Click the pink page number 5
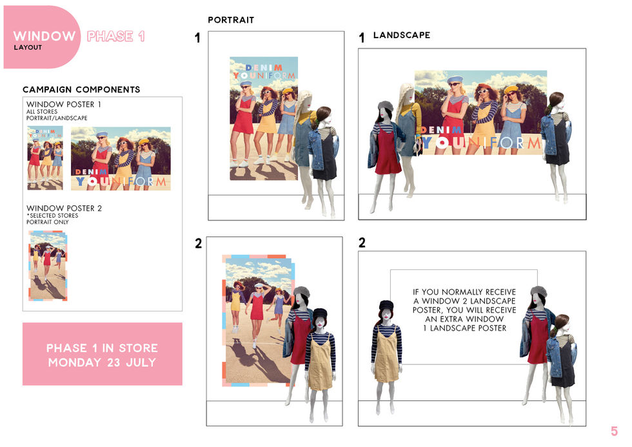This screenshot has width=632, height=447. tap(614, 431)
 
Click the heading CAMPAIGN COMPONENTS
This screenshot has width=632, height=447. tap(81, 89)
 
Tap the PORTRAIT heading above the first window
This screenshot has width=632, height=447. tap(231, 20)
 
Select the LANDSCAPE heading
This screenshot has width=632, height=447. tap(401, 35)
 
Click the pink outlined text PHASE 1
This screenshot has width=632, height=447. tap(115, 36)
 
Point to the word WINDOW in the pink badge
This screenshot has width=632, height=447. tap(44, 36)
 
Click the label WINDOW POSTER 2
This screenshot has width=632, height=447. tap(64, 208)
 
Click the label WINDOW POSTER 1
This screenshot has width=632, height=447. tap(64, 104)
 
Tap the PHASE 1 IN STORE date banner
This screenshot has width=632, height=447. tap(103, 354)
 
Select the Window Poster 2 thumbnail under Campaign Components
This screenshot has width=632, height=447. tap(48, 265)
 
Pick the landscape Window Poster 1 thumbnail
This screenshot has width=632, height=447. tap(121, 158)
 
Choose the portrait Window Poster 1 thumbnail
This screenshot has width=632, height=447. tap(45, 158)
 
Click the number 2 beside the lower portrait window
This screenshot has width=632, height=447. tap(199, 244)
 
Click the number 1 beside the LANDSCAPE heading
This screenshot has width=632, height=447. tap(362, 37)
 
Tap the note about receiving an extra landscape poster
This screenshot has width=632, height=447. tap(464, 309)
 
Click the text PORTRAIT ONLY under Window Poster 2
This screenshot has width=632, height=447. tap(48, 222)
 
